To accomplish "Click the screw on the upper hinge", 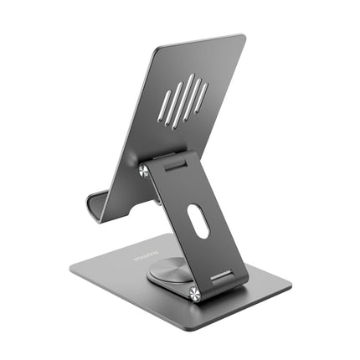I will (x=144, y=171).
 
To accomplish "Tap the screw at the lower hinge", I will (x=194, y=293).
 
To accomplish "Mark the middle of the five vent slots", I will (x=185, y=100).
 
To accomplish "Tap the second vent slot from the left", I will (x=175, y=105).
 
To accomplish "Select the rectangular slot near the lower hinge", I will (x=221, y=276).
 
